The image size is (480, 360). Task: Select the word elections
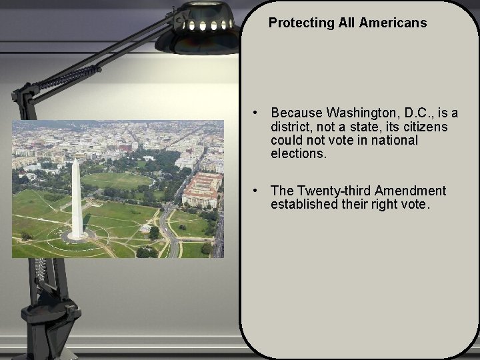pos(299,154)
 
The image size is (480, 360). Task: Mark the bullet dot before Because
pos(255,113)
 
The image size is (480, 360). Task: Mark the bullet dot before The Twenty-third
pos(255,191)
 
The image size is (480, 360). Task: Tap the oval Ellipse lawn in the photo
pos(117,180)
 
